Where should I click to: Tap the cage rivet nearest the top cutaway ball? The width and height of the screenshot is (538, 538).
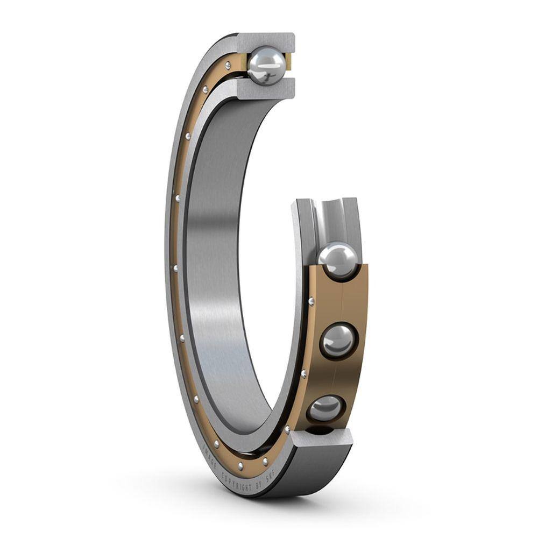tap(228, 66)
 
